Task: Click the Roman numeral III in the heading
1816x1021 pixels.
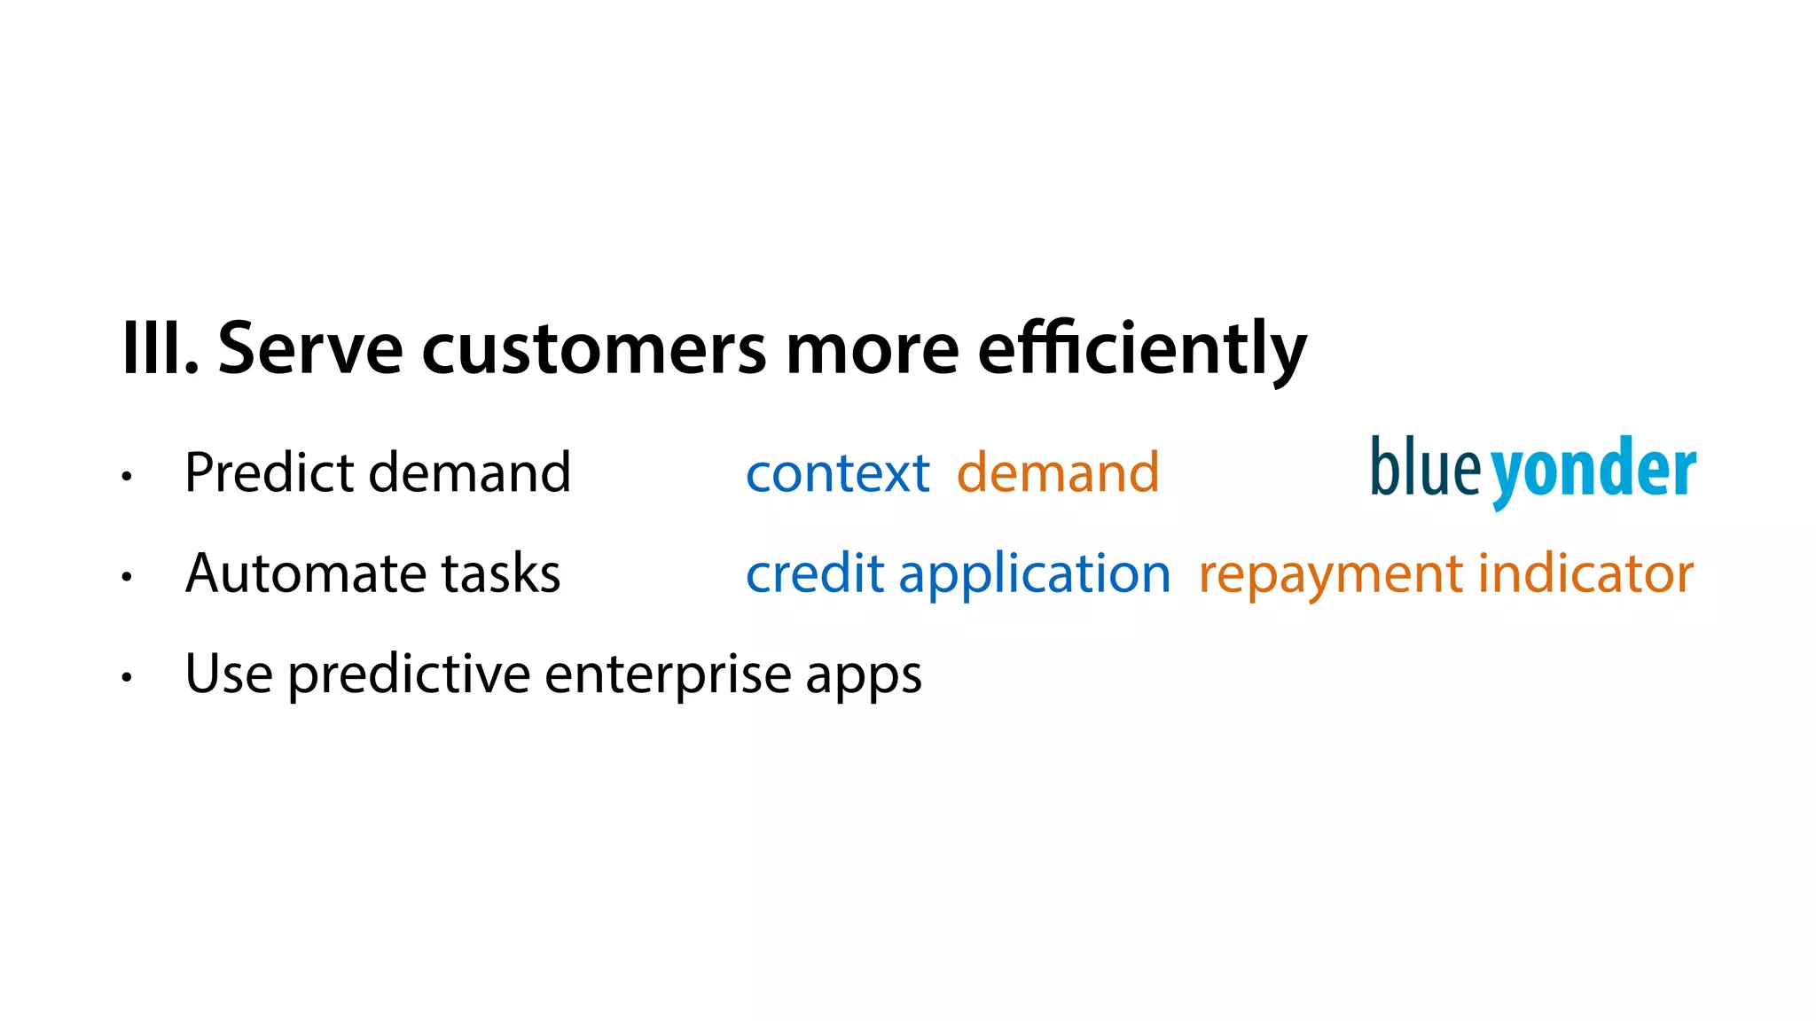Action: coord(155,348)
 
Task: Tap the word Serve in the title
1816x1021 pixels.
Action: coord(310,348)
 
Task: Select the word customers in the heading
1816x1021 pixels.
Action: coord(593,348)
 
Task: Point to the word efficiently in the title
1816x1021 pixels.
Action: coord(1141,348)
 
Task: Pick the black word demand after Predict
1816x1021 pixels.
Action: coord(470,472)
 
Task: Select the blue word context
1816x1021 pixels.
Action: coord(837,472)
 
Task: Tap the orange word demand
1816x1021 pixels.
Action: coord(1058,472)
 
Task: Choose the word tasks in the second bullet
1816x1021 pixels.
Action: coord(501,573)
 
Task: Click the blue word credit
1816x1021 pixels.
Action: coord(815,573)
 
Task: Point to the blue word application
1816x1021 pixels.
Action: coord(1035,574)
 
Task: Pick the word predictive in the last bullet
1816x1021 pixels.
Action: coord(409,674)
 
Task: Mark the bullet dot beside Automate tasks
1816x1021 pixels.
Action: coord(127,577)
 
